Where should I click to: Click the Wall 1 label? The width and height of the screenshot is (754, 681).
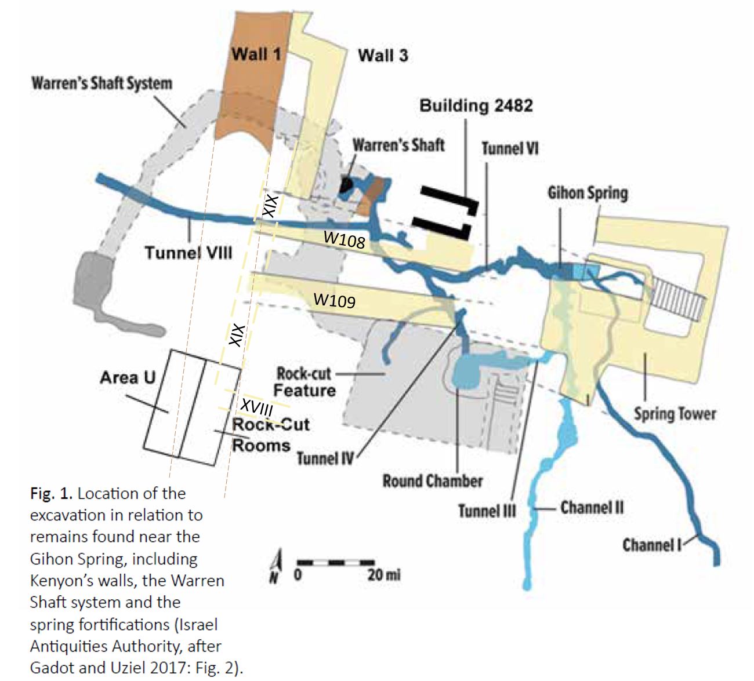point(256,54)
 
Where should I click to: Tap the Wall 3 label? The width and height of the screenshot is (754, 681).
point(383,56)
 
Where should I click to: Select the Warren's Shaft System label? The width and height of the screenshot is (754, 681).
point(101,83)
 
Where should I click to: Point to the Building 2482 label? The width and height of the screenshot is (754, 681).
point(476,105)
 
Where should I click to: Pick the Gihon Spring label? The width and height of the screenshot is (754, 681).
point(588,193)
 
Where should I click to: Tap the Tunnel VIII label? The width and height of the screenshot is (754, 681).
point(188,253)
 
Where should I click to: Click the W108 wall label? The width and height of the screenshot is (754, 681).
point(345,239)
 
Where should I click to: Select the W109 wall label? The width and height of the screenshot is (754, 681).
point(335,300)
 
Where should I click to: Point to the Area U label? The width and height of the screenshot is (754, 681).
point(128,378)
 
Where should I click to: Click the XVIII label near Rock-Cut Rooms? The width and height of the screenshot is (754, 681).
point(257,407)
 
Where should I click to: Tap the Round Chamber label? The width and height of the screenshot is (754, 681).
point(433,481)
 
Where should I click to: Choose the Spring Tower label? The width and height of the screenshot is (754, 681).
point(675,414)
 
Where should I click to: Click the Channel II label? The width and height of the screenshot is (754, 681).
point(592,508)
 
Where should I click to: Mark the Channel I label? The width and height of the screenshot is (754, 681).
point(651,545)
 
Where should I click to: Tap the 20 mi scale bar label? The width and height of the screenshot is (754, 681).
point(383,575)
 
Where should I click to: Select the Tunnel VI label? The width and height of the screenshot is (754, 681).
point(510,148)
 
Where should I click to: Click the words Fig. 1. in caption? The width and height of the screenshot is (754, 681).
point(52,494)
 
